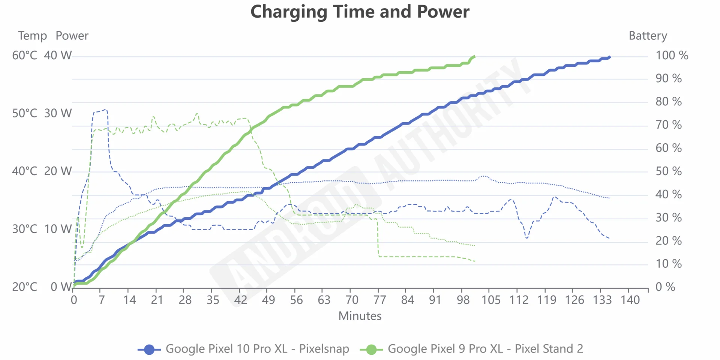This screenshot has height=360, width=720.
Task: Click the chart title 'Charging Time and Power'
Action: point(360,12)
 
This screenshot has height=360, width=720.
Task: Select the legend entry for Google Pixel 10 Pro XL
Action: point(244,349)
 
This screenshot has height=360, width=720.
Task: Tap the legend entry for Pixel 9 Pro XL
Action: point(471,349)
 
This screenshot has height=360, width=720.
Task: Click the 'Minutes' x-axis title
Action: point(360,316)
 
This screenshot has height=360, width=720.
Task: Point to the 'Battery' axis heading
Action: point(648,36)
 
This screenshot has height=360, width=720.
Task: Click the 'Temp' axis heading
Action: point(33,36)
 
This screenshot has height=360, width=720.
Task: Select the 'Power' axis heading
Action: point(72,36)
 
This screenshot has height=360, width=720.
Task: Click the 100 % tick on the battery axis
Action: point(672,55)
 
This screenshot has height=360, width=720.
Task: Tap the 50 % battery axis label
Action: point(669,171)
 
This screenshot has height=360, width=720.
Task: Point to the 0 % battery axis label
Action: point(665,287)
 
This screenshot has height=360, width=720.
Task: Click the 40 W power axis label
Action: point(58,55)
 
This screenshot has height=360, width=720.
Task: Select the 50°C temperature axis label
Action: point(25,113)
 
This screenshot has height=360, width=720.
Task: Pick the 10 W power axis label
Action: point(58,229)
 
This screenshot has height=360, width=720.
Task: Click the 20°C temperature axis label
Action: point(25,287)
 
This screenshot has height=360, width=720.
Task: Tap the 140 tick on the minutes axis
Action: point(630,300)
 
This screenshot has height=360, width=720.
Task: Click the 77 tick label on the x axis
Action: point(379,300)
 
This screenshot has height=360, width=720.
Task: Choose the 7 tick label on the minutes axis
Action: point(101,300)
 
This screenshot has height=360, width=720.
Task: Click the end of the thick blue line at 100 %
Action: point(610,57)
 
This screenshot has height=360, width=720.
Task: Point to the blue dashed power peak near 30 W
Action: point(105,110)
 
